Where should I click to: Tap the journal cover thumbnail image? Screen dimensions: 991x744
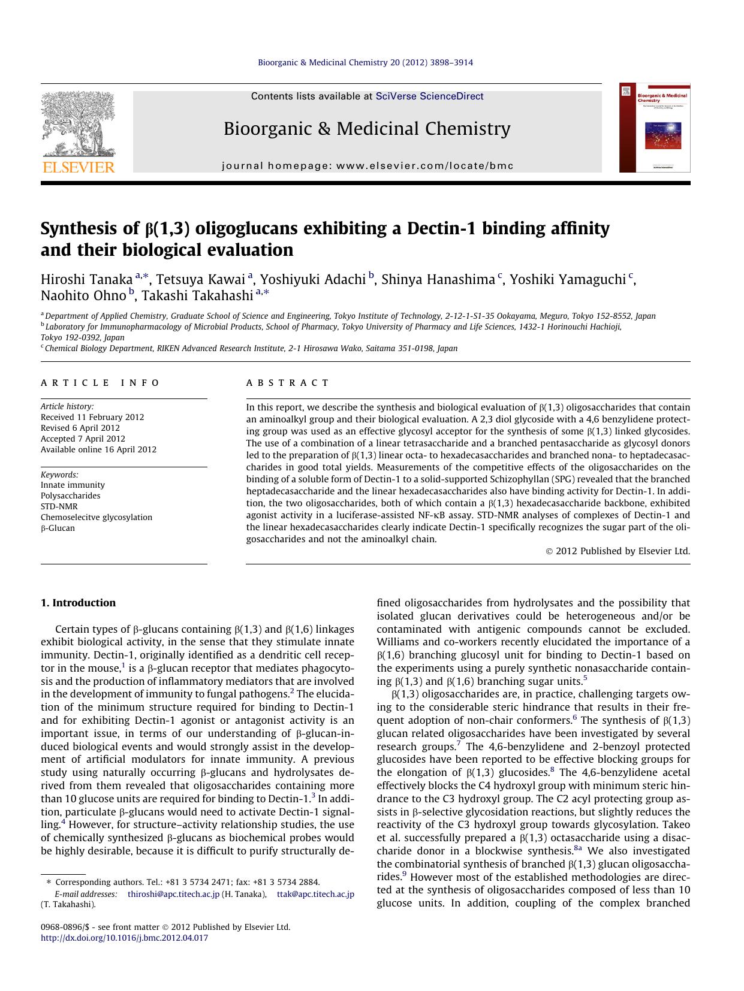pyautogui.click(x=655, y=128)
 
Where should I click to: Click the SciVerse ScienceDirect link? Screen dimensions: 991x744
pyautogui.click(x=429, y=96)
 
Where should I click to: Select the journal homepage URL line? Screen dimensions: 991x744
pyautogui.click(x=368, y=166)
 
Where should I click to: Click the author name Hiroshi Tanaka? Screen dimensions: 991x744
pyautogui.click(x=86, y=279)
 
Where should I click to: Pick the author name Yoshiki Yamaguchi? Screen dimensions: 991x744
pyautogui.click(x=567, y=279)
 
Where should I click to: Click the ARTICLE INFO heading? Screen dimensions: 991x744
pyautogui.click(x=100, y=383)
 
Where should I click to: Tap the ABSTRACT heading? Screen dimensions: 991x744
pyautogui.click(x=288, y=383)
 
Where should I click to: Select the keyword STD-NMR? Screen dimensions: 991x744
pyautogui.click(x=59, y=506)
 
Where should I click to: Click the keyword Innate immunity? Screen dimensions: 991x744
pyautogui.click(x=73, y=485)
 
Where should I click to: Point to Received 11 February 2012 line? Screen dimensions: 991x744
pyautogui.click(x=92, y=417)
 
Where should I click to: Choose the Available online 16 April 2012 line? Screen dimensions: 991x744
pyautogui.click(x=98, y=449)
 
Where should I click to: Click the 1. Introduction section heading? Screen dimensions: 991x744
pyautogui.click(x=78, y=603)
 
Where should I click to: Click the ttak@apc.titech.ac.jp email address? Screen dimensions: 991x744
pyautogui.click(x=315, y=894)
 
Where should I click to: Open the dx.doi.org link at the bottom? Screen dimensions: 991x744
pyautogui.click(x=124, y=938)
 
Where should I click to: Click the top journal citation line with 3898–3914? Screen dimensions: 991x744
pyautogui.click(x=365, y=62)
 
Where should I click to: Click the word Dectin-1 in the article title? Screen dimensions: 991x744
pyautogui.click(x=441, y=228)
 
